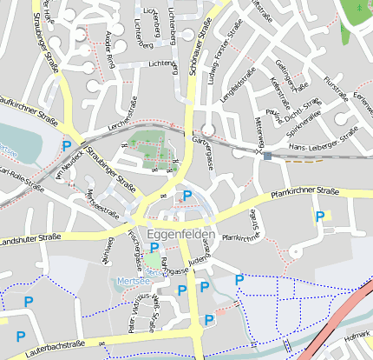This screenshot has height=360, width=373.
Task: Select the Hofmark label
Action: point(357,334)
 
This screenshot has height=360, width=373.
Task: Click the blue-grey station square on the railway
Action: point(267,157)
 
